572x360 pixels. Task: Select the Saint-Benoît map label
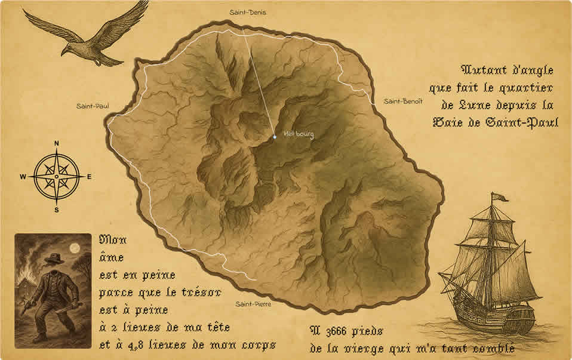pos(403,101)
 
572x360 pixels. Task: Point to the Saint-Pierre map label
pos(253,304)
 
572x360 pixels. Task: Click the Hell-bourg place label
pos(299,134)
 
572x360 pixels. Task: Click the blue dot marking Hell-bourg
pos(275,137)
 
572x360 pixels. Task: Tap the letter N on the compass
pos(57,143)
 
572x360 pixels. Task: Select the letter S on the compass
pos(57,210)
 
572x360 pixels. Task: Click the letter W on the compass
pos(23,177)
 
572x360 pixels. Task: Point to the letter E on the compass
pos(90,177)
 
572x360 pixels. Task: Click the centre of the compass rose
pos(57,177)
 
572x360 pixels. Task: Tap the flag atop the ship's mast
pos(499,197)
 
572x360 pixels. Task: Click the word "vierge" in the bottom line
pos(379,347)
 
